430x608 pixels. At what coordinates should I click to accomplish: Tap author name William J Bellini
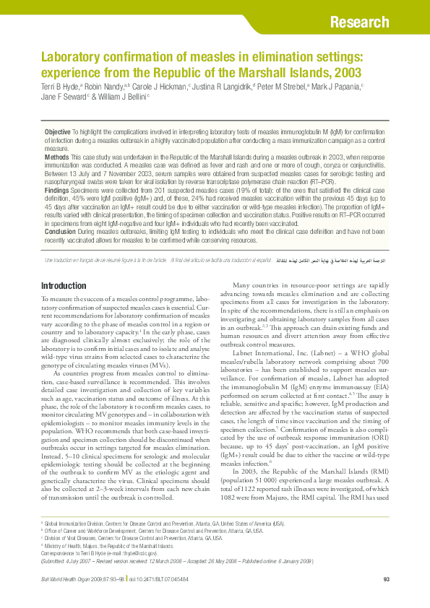pos(121,97)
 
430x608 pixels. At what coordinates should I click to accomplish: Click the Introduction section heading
pos(64,286)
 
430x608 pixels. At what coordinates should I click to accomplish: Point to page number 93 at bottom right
pos(386,580)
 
